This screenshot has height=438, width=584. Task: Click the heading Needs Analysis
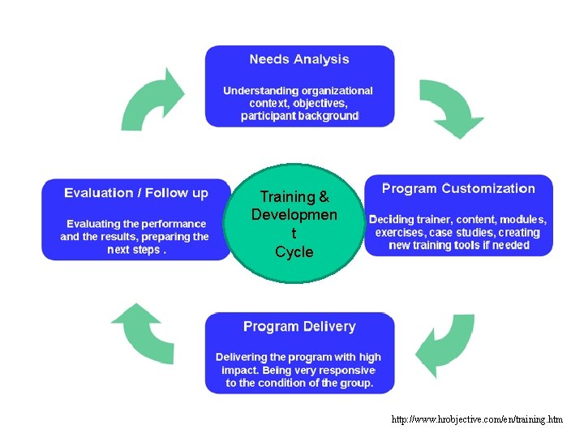coord(299,59)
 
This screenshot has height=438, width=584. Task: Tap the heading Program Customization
coord(458,189)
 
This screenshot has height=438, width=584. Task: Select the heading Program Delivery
coord(299,327)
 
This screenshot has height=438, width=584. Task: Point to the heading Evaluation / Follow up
coord(136,193)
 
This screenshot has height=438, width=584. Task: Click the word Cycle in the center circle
coord(294,252)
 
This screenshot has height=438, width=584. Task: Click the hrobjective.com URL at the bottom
coord(477,419)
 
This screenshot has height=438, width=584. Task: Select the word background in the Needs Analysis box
coord(328,116)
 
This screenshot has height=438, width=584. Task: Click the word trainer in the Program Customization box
coord(432,220)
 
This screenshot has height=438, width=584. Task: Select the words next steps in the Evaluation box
coord(135,250)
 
